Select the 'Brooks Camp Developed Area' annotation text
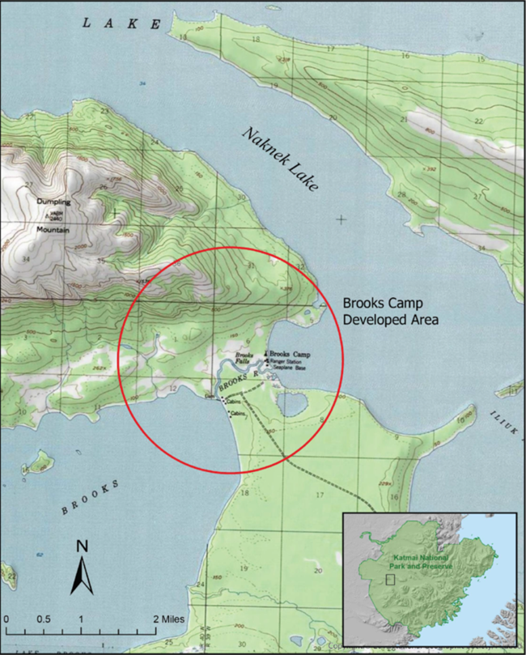390,311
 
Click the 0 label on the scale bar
6,619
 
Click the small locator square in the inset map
390,578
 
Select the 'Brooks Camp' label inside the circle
289,355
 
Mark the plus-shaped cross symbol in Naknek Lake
342,219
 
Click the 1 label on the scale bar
81,619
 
